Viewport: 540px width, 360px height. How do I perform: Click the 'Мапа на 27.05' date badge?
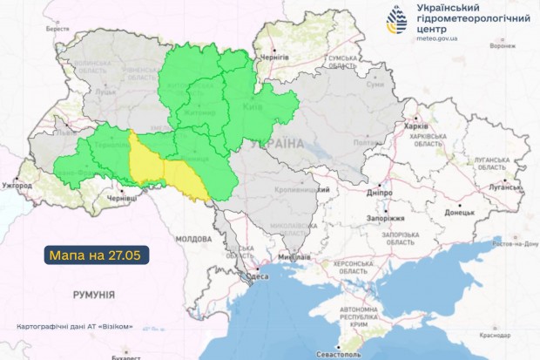click(x=96, y=255)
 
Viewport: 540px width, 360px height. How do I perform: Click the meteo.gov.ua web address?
click(x=446, y=38)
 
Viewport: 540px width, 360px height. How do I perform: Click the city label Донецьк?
click(x=459, y=212)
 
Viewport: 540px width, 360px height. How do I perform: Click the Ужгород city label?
click(x=17, y=186)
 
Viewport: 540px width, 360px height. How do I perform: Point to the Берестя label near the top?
click(x=57, y=29)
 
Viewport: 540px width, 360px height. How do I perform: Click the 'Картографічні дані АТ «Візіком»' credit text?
click(x=75, y=327)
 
